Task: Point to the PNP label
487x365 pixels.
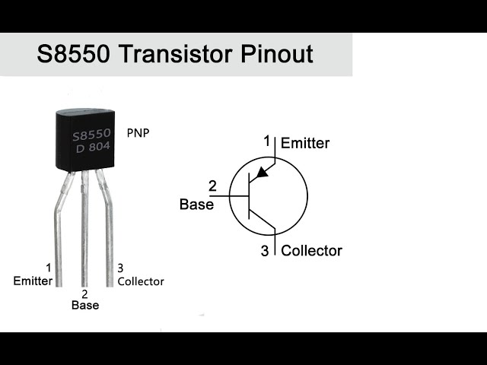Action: pos(138,132)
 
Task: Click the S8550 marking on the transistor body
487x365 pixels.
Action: pos(91,135)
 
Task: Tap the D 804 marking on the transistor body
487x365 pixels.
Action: pos(92,148)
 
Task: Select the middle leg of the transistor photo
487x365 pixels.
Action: pos(84,228)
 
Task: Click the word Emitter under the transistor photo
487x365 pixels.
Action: pos(33,281)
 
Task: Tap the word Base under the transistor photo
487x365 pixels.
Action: pos(84,305)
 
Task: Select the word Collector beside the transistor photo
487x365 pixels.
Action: pos(141,281)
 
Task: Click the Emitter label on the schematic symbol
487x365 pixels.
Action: pos(305,142)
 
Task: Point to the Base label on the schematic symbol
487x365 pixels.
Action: pos(196,204)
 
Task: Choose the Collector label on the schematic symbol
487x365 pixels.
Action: pos(312,250)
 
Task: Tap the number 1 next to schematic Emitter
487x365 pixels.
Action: pos(267,141)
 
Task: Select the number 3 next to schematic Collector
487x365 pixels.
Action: pos(265,251)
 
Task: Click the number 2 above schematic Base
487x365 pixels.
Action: pos(212,186)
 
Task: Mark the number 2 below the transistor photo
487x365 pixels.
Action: pos(84,294)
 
